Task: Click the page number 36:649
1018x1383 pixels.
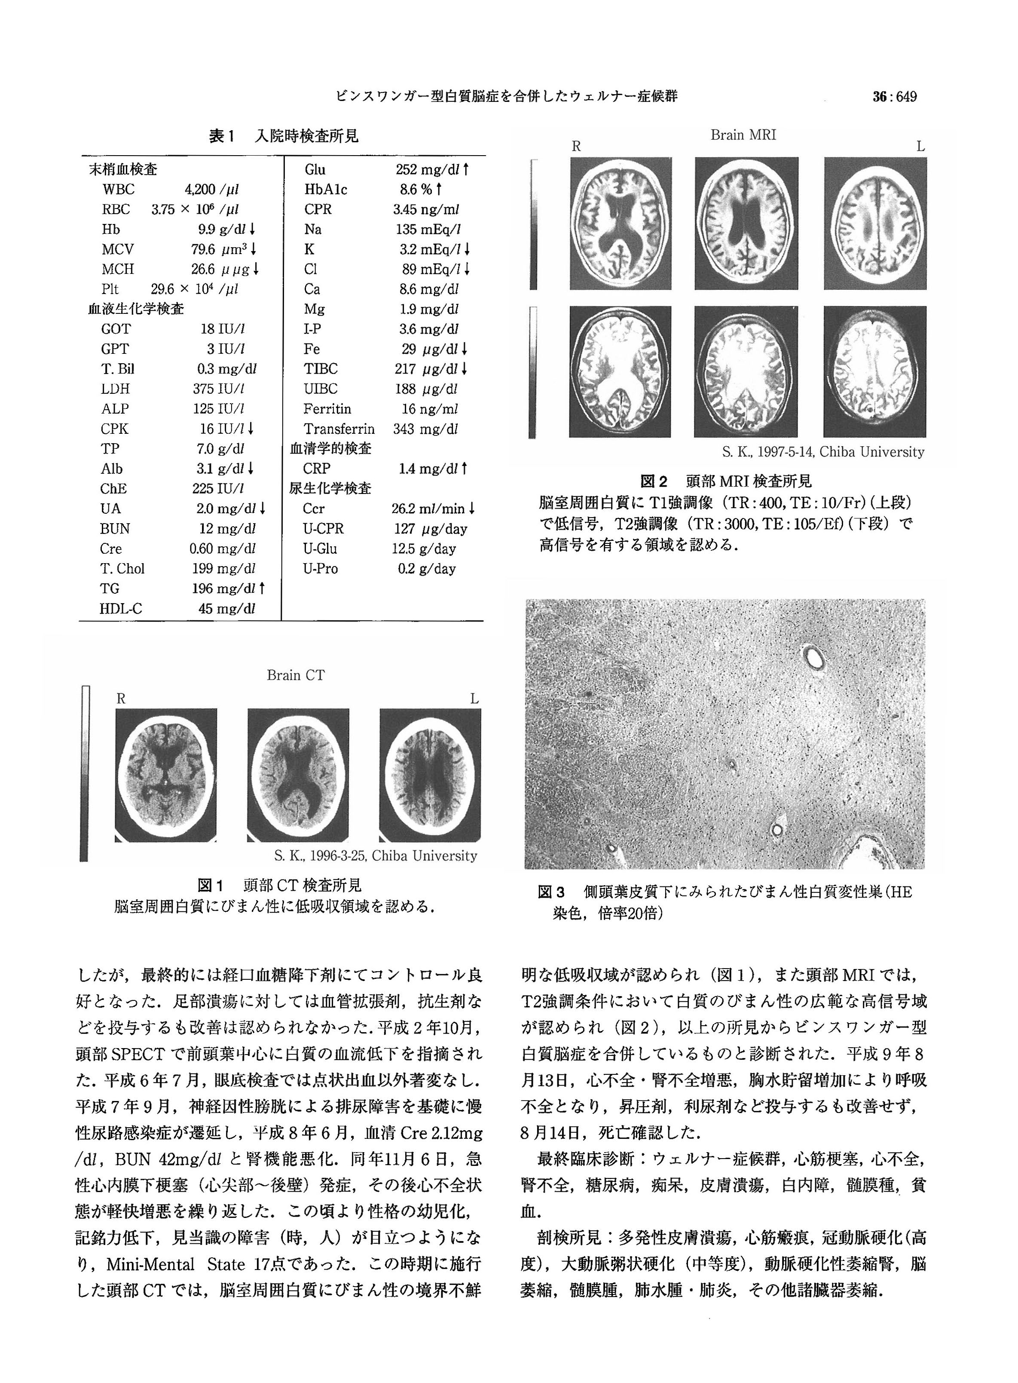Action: tap(894, 97)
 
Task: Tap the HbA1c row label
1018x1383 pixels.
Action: tap(325, 189)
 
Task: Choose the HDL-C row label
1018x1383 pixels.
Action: tap(121, 608)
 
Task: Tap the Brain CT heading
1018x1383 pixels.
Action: tap(295, 675)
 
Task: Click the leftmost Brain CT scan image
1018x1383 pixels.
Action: tap(166, 775)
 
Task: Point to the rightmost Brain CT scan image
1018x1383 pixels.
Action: tap(430, 775)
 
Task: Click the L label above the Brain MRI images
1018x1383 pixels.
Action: tap(920, 147)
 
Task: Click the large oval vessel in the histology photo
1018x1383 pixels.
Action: tap(815, 659)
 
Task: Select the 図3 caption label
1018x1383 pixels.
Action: tap(551, 892)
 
